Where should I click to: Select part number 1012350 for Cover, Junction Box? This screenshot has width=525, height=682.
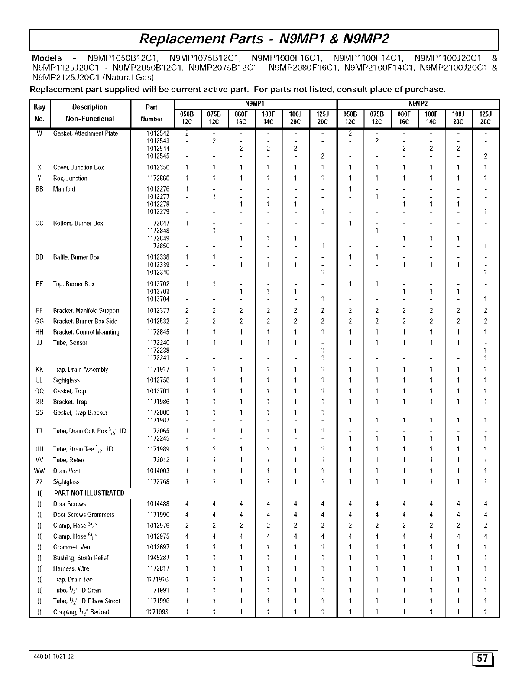[158, 167]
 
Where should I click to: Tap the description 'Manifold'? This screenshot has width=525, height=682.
[64, 189]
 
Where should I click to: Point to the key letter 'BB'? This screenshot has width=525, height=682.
[39, 189]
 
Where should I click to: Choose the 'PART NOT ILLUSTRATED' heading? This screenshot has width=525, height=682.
[89, 493]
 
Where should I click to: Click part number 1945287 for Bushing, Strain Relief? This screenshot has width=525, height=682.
[158, 558]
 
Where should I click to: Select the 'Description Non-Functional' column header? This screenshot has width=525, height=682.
[90, 113]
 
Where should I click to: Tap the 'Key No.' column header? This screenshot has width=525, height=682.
[39, 113]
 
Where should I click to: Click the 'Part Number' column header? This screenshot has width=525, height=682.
[152, 113]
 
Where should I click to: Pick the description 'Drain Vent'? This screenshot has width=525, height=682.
[67, 471]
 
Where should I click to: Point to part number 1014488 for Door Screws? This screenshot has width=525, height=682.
[158, 504]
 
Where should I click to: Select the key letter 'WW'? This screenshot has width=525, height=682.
[39, 471]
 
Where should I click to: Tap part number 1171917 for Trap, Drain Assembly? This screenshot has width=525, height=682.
[158, 370]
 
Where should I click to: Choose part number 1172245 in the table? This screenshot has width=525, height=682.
[158, 438]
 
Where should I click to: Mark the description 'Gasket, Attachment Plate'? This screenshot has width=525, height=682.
[85, 133]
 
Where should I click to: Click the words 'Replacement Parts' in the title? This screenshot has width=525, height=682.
[201, 39]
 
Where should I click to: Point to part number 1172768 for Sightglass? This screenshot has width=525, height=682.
[158, 482]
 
